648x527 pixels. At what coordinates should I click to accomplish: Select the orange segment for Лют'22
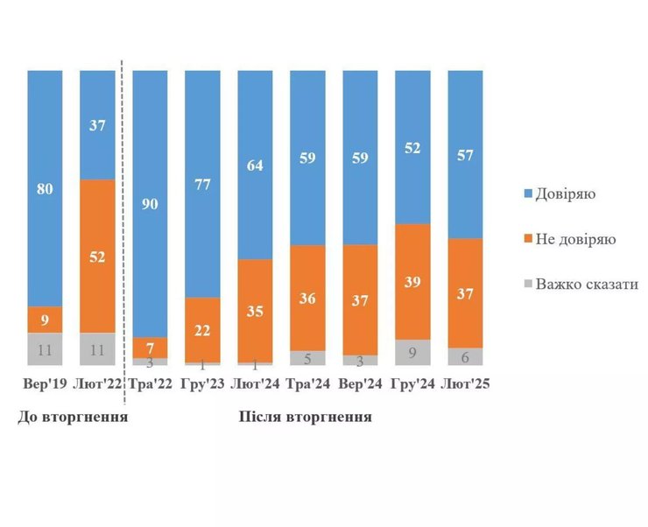tap(97, 256)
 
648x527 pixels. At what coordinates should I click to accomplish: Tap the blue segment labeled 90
tap(150, 203)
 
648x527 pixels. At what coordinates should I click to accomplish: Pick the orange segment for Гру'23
tap(202, 329)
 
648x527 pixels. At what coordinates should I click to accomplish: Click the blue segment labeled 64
tap(255, 165)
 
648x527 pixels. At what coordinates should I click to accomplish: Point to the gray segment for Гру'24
tap(412, 352)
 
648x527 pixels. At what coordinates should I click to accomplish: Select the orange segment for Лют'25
tap(465, 292)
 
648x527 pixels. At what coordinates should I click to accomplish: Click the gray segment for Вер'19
tap(45, 348)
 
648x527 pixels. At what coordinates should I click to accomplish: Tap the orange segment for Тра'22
tap(150, 348)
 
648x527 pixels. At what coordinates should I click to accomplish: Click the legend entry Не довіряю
tap(567, 238)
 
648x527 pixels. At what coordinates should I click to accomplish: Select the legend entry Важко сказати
tap(576, 284)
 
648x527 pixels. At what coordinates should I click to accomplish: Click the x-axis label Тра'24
tap(307, 383)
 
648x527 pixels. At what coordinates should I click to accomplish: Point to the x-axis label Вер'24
tap(360, 383)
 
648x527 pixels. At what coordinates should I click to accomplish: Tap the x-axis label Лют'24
tap(255, 383)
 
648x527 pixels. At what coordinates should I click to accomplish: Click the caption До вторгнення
tap(74, 417)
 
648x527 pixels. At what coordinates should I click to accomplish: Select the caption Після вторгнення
tap(306, 417)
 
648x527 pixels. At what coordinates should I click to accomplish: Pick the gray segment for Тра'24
tap(307, 357)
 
